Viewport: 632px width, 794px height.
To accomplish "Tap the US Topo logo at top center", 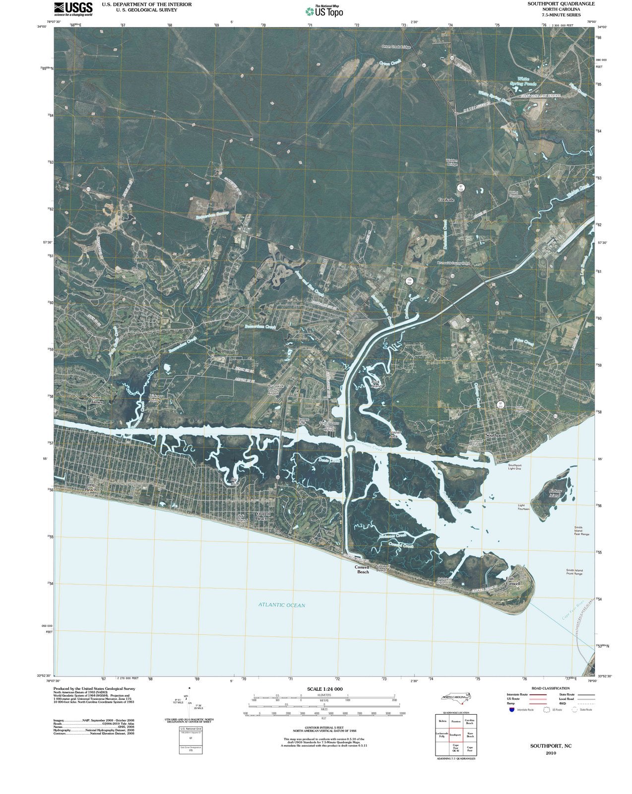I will [x=324, y=10].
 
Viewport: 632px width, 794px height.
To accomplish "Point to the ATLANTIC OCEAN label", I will [x=281, y=605].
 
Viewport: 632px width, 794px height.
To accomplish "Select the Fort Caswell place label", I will [x=513, y=581].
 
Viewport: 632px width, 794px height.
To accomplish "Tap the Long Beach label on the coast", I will [x=90, y=487].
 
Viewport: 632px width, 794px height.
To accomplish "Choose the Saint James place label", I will [x=97, y=399].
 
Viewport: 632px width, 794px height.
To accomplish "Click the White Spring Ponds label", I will [x=527, y=81].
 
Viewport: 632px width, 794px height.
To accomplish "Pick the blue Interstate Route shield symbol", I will [x=511, y=710].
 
